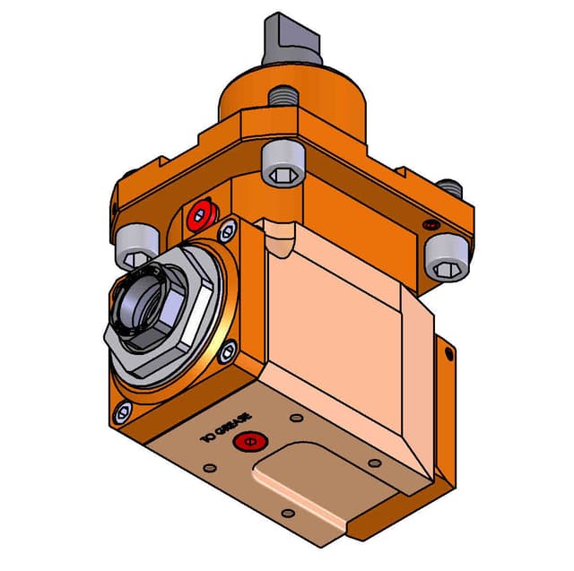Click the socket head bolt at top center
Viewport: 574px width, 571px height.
click(x=283, y=164)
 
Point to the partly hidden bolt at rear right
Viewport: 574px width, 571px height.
click(x=450, y=188)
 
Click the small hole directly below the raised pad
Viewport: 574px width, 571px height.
click(x=287, y=514)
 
